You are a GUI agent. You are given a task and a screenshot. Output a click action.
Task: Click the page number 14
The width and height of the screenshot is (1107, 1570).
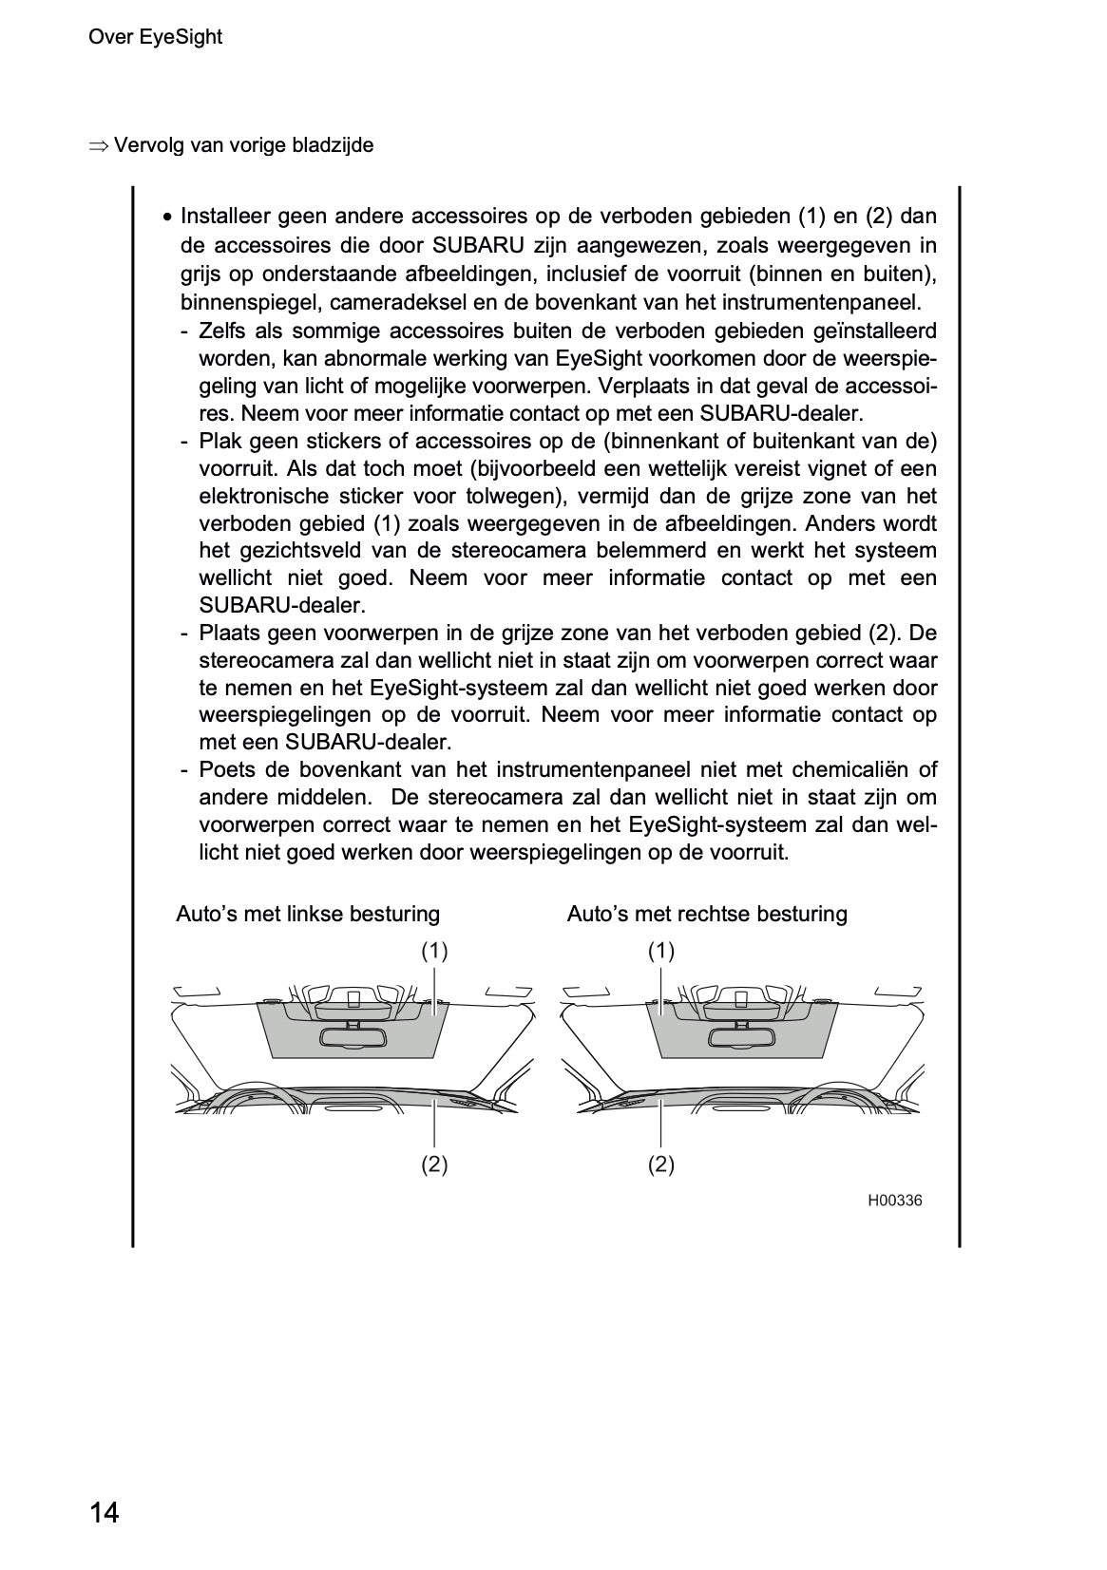[x=105, y=1512]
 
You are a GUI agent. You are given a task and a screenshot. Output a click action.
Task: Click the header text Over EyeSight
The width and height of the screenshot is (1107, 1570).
[x=155, y=37]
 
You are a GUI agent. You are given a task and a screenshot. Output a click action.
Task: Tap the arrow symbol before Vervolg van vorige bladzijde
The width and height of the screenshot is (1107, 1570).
[x=98, y=146]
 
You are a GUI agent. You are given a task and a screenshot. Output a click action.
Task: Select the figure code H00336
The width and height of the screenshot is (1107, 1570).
[x=894, y=1201]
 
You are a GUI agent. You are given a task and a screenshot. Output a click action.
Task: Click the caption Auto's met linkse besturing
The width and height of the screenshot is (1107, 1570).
[x=308, y=914]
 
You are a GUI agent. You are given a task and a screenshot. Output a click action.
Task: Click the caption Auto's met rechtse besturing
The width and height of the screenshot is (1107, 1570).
[x=707, y=914]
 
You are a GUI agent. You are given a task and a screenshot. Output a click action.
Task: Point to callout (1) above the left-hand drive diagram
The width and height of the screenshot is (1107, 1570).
[x=434, y=951]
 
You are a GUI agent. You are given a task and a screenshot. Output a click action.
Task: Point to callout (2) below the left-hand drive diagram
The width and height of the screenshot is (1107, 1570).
[x=434, y=1164]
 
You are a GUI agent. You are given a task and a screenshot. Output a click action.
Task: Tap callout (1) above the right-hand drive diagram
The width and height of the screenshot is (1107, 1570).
[x=661, y=951]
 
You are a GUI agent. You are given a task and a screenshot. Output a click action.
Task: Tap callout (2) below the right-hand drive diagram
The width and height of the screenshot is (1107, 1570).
[x=661, y=1164]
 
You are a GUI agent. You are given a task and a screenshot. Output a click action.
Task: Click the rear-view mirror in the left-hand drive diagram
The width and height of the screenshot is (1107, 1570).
[x=351, y=1037]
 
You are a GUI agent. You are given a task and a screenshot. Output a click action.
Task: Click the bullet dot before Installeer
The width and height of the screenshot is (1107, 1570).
[x=167, y=218]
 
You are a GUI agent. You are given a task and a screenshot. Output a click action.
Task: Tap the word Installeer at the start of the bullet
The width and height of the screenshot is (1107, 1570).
[x=223, y=218]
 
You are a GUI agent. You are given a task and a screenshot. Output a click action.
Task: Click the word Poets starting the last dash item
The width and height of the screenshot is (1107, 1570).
[x=226, y=769]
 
